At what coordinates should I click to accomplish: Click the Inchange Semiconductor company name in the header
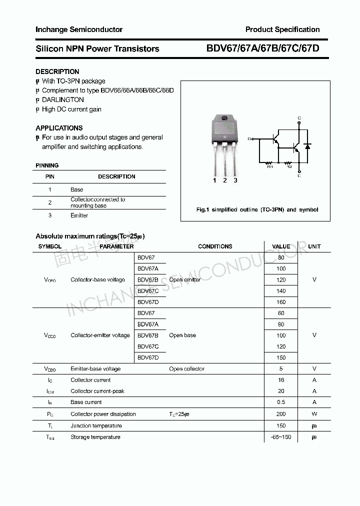(78, 29)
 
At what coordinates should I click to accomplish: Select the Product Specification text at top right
(282, 29)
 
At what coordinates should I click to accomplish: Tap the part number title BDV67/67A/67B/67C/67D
(262, 48)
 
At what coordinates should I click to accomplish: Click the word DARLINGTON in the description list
(63, 99)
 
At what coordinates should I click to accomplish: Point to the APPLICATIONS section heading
(59, 128)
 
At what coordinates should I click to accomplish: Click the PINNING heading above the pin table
(47, 165)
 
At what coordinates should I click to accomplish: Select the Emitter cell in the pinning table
(79, 215)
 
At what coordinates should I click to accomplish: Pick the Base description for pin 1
(76, 189)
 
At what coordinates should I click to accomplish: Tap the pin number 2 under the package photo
(225, 180)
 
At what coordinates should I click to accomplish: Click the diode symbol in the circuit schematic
(307, 146)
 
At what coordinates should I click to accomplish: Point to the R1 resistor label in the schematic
(270, 167)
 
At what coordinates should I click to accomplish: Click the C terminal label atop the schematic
(299, 118)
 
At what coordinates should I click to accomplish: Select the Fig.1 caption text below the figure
(257, 209)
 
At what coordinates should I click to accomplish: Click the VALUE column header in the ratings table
(281, 246)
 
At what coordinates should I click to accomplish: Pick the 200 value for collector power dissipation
(281, 414)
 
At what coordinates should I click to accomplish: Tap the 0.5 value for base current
(281, 402)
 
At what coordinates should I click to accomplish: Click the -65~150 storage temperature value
(280, 437)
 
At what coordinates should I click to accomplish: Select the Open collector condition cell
(186, 369)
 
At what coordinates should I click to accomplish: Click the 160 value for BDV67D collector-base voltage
(281, 302)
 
